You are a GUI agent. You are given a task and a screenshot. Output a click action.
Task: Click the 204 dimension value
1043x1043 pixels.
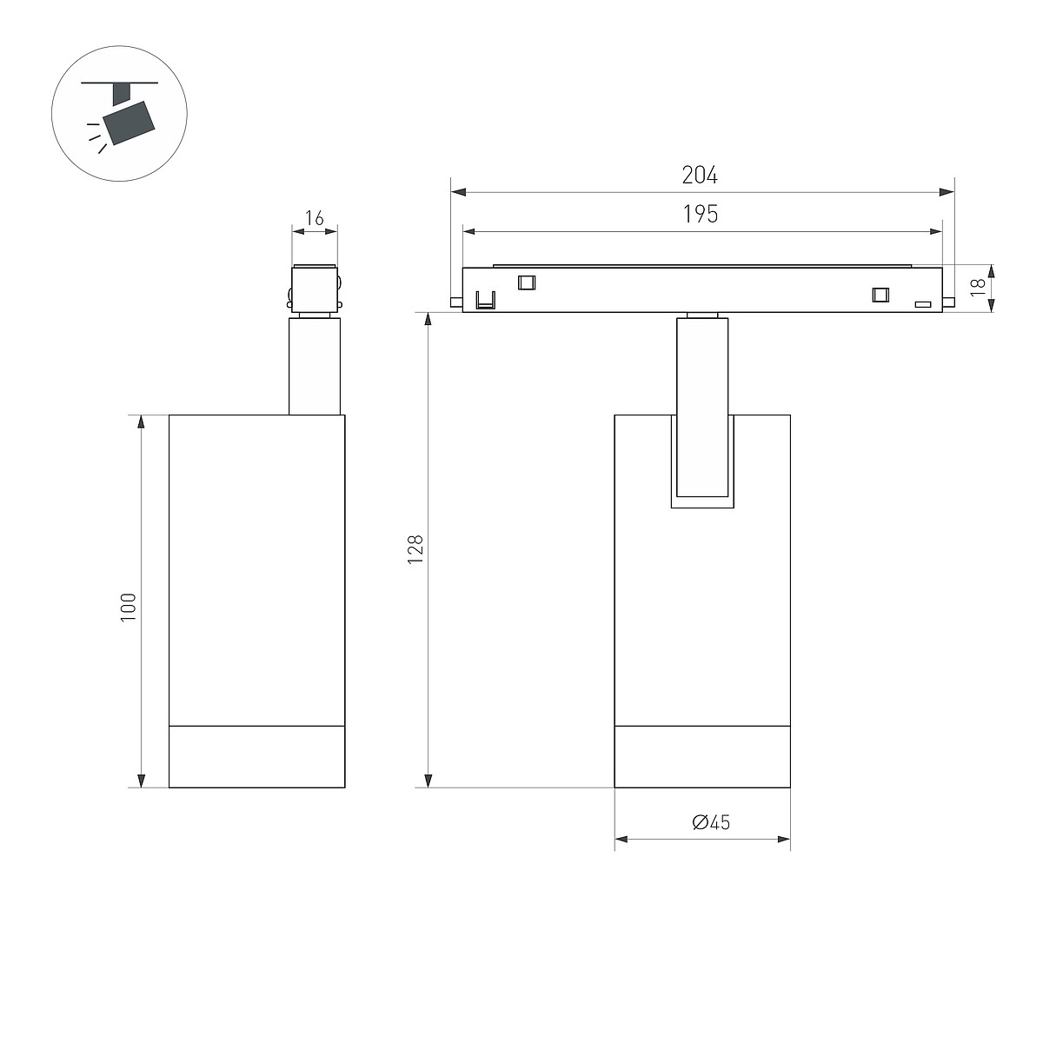700,175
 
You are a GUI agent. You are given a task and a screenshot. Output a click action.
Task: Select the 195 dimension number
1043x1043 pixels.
701,215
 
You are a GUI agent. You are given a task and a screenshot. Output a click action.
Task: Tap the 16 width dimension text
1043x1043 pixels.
314,218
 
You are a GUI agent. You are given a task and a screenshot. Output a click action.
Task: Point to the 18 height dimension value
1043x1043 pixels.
978,288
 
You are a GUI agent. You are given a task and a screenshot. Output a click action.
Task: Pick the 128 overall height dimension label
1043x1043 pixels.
415,549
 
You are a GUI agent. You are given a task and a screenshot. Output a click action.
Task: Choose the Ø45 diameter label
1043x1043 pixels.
711,822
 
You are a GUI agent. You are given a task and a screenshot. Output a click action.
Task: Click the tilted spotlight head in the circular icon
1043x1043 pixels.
129,123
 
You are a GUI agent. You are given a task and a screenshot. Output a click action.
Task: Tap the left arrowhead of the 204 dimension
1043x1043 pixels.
458,192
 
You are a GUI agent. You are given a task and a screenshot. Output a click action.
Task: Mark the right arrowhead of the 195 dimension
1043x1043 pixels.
935,232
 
